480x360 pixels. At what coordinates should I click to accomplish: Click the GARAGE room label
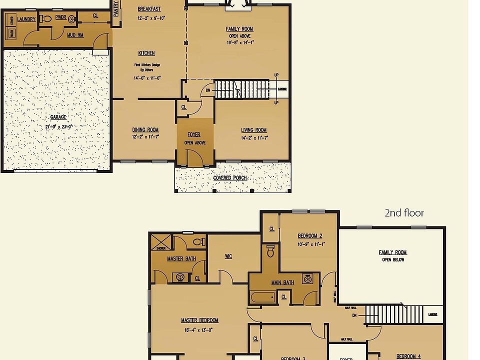click(57, 117)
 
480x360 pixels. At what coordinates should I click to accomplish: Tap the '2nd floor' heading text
click(404, 213)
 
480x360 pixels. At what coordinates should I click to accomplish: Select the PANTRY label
click(116, 8)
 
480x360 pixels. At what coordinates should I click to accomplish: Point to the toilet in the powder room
click(46, 19)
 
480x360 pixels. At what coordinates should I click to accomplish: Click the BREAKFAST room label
click(149, 9)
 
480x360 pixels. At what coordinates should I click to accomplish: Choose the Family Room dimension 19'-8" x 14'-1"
click(240, 43)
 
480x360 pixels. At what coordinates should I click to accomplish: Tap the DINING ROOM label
click(145, 130)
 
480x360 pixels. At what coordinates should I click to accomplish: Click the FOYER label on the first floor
click(194, 134)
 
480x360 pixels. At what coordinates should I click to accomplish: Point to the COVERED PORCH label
click(230, 178)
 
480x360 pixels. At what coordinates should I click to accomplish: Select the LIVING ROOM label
click(254, 130)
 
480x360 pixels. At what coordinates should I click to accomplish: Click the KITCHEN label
click(146, 53)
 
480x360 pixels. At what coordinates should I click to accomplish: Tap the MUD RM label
click(75, 35)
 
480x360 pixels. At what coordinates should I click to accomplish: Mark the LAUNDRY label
click(26, 19)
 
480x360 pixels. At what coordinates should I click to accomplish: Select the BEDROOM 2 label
click(310, 236)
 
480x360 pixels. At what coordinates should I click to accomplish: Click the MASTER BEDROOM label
click(199, 320)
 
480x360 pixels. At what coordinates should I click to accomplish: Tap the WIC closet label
click(228, 256)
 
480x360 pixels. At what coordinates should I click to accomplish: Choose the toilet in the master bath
click(198, 242)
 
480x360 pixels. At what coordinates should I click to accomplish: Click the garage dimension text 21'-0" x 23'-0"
click(58, 126)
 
